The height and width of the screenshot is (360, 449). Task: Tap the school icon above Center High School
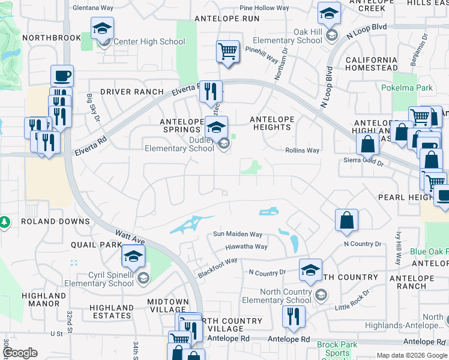click(x=102, y=28)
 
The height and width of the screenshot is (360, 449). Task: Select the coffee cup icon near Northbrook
click(x=62, y=76)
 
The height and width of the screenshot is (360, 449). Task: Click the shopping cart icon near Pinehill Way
click(x=228, y=52)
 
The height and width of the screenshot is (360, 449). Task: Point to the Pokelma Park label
click(x=406, y=88)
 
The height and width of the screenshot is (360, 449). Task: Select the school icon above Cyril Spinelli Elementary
click(x=133, y=257)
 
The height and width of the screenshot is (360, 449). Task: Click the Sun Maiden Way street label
click(x=238, y=235)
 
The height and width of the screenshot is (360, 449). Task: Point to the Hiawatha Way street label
click(x=246, y=247)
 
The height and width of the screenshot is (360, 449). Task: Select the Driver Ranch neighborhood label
click(x=132, y=92)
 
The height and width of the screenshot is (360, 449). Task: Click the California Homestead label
click(x=371, y=64)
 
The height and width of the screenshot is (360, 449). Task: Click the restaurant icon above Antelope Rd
click(x=293, y=317)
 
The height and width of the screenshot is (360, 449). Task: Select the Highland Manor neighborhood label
click(x=44, y=299)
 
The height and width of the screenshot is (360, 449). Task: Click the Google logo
click(x=20, y=353)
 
